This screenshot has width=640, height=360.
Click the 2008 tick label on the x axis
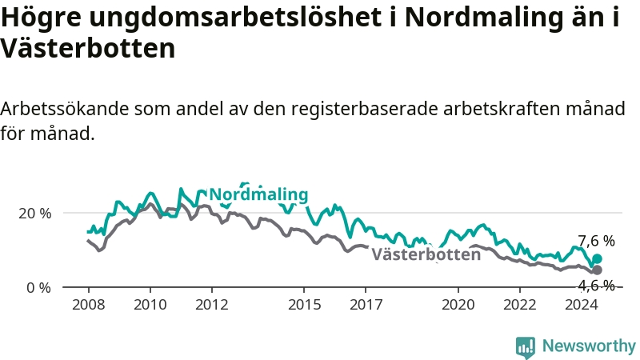[89, 305]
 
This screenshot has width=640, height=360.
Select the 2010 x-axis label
[150, 305]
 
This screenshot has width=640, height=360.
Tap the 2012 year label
[212, 305]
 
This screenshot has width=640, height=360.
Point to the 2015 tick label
[304, 305]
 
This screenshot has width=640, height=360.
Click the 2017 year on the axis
[366, 305]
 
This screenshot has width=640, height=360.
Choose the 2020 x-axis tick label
[458, 305]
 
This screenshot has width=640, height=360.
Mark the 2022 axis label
[520, 305]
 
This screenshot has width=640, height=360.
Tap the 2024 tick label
[582, 305]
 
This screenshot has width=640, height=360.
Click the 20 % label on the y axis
[35, 213]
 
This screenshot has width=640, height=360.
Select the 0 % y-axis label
[38, 288]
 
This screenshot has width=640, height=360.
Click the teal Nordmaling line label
[258, 194]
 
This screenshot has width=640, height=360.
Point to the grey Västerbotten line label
[426, 254]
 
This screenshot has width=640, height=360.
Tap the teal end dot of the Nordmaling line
[597, 258]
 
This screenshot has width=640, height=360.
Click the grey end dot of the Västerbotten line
[597, 270]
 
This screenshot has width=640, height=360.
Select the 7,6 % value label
[596, 241]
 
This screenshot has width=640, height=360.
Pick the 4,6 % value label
[596, 286]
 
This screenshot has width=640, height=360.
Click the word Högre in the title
[42, 18]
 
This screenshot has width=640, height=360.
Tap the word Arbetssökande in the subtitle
[65, 109]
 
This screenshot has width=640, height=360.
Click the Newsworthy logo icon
[526, 347]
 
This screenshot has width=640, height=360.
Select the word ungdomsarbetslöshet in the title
[236, 18]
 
